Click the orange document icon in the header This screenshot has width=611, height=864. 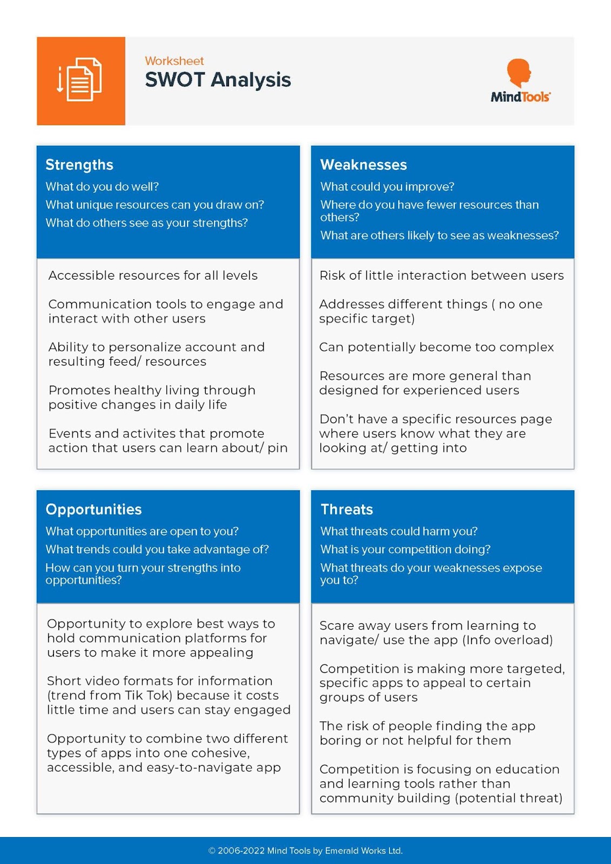(80, 81)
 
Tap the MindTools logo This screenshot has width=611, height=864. (520, 81)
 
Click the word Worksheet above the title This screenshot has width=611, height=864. (174, 61)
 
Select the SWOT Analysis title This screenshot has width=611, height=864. (218, 80)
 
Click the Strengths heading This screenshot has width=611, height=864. (79, 165)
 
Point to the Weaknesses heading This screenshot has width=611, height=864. (364, 165)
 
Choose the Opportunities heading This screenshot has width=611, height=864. (93, 509)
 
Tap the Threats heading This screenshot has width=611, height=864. (347, 509)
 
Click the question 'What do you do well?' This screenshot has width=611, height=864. (102, 187)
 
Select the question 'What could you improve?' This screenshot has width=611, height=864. (387, 187)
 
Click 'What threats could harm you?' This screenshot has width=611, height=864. (399, 531)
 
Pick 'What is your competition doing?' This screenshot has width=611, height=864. (405, 549)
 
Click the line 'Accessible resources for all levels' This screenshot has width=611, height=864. (153, 275)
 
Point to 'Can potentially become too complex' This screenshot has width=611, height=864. (437, 347)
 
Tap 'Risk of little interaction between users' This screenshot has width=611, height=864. (441, 275)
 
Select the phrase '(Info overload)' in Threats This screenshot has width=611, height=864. (507, 640)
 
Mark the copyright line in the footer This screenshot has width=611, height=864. (305, 850)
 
